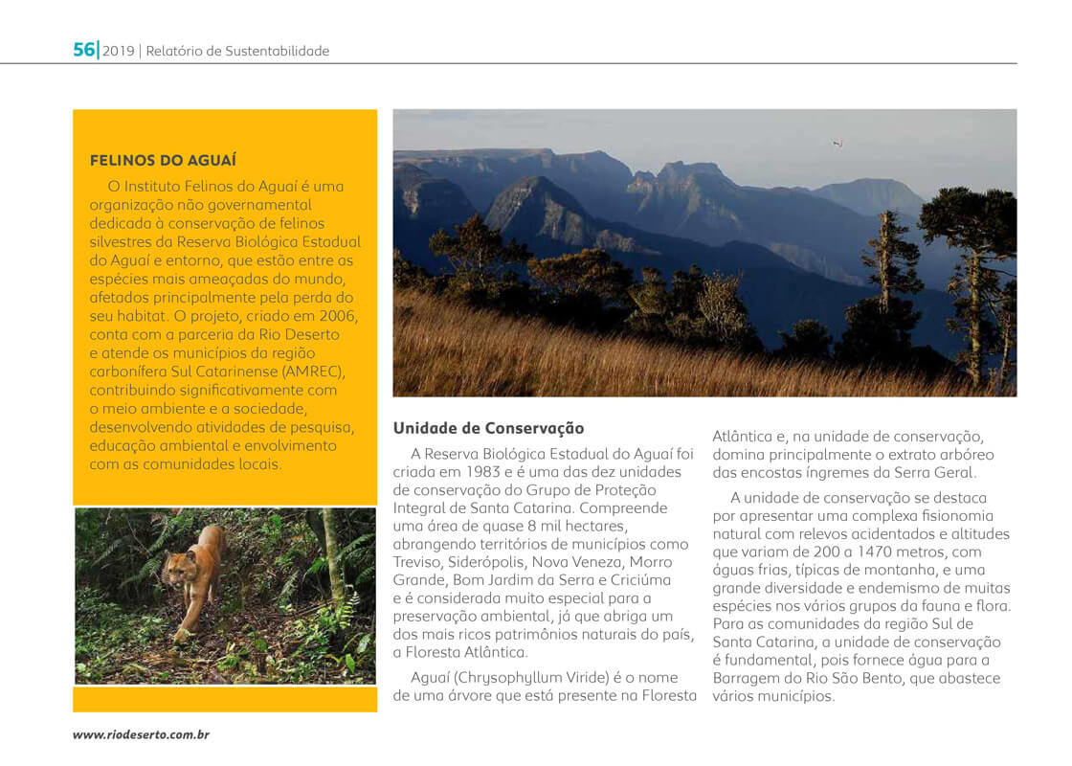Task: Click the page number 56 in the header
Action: (x=84, y=50)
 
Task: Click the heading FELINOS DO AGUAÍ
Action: (x=163, y=160)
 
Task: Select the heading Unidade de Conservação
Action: (x=488, y=428)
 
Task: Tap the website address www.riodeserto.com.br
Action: (x=142, y=734)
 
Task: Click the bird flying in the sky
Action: (x=837, y=144)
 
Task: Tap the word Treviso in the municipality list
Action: (x=419, y=562)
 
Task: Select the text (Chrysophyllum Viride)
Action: (x=531, y=677)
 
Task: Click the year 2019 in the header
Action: (x=119, y=51)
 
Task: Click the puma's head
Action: (x=178, y=573)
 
